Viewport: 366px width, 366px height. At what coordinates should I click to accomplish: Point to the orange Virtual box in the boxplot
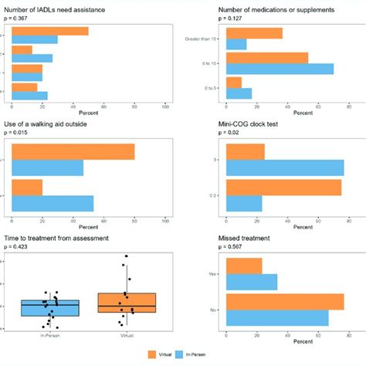pos(127,303)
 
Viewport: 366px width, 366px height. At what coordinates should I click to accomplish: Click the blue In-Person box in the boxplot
pos(50,307)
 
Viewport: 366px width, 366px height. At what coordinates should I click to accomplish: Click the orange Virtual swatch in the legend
pos(151,354)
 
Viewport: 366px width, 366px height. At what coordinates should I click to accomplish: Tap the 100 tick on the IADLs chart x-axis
pos(165,105)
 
